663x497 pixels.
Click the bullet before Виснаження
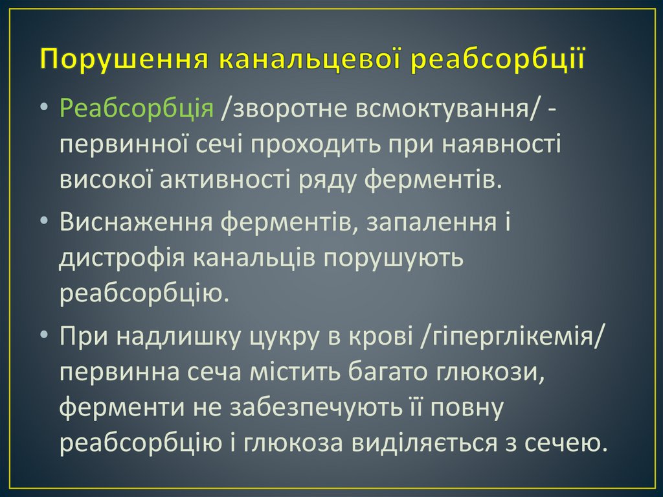click(x=43, y=222)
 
